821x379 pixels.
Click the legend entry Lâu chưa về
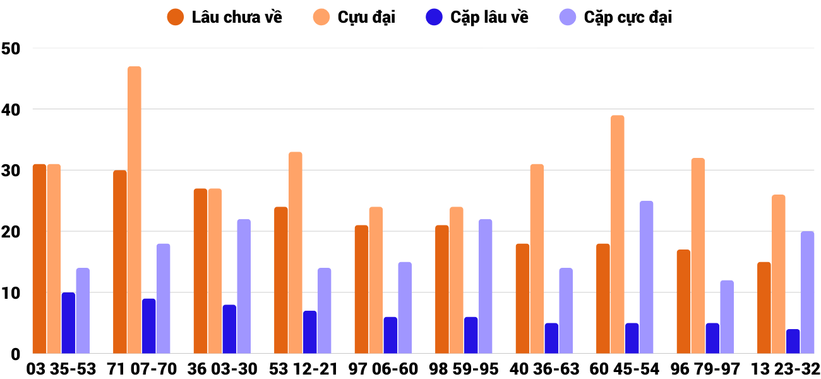click(x=224, y=17)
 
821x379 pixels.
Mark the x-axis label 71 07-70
click(x=141, y=369)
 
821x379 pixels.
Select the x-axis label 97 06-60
click(x=383, y=369)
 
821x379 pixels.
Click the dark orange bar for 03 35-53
click(x=39, y=259)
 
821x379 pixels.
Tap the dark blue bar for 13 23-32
click(x=793, y=341)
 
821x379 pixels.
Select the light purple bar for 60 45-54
click(x=646, y=277)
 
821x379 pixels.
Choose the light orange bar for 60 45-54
click(x=617, y=234)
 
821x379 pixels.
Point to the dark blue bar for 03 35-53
click(x=68, y=323)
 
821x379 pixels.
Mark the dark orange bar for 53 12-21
click(x=281, y=280)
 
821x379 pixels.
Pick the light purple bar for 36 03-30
click(x=244, y=286)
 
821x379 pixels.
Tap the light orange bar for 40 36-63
click(x=537, y=259)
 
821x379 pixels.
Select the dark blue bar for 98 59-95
click(x=470, y=335)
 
